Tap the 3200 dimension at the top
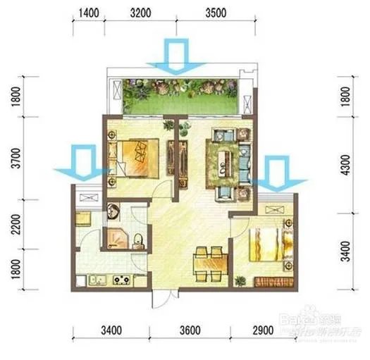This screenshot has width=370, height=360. coord(140,13)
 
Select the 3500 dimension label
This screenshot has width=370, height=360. coord(216,13)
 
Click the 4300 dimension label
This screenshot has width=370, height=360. coord(345,168)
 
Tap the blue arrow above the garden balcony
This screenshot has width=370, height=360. coord(173,58)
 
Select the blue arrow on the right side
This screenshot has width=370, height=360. coord(281,175)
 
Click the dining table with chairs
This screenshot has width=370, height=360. coord(210,262)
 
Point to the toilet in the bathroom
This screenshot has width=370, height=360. coord(139,239)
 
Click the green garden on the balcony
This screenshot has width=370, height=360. coord(180,99)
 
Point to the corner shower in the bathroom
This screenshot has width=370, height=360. coord(115,238)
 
